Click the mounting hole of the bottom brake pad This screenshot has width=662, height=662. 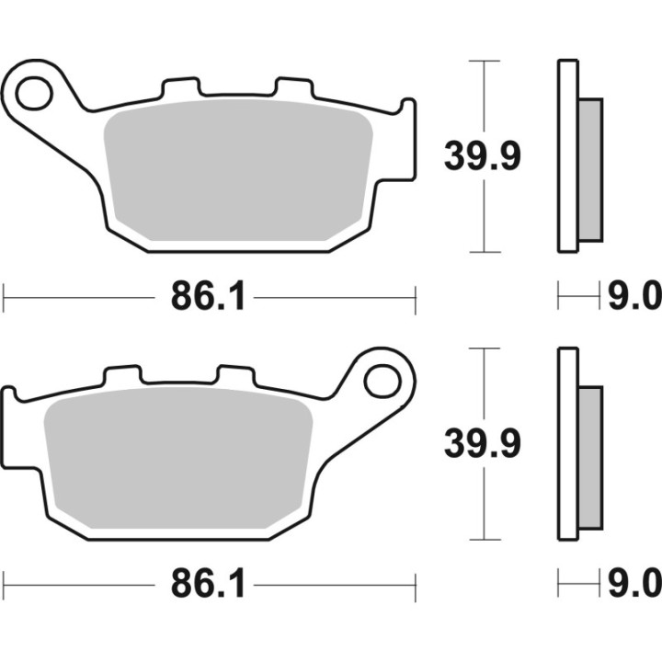[380, 378]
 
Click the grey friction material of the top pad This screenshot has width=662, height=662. [239, 175]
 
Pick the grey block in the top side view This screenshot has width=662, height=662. [590, 170]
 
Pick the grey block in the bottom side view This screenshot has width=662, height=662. [590, 456]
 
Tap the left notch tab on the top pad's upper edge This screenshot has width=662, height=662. [179, 88]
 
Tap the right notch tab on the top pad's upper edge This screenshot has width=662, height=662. [292, 88]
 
